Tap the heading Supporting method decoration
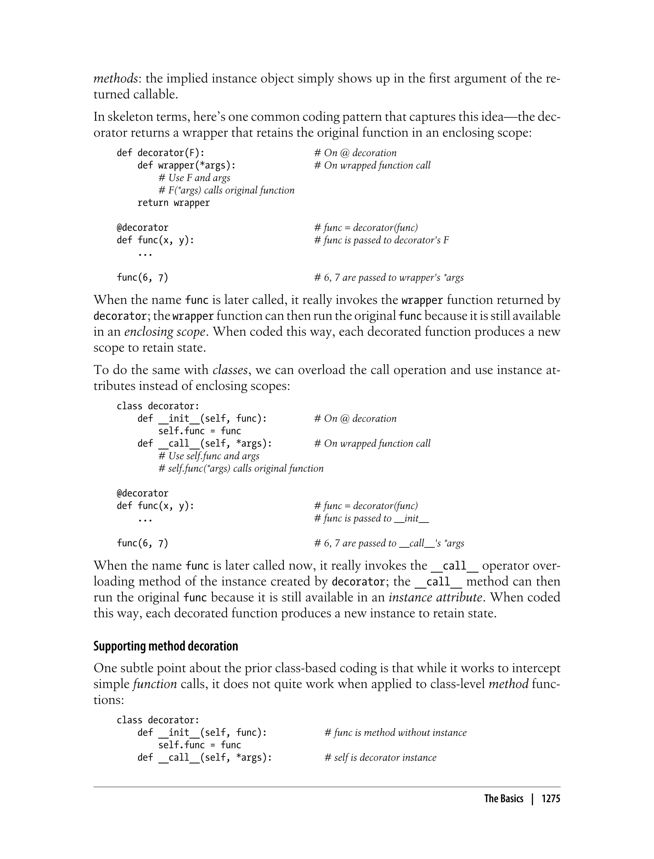(x=165, y=646)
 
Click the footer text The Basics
(x=503, y=799)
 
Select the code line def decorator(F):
(x=160, y=153)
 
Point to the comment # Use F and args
(x=194, y=178)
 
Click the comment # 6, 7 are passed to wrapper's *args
(x=389, y=277)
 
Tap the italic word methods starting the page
(x=115, y=79)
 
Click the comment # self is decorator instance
(x=380, y=757)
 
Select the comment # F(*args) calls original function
(x=226, y=190)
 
